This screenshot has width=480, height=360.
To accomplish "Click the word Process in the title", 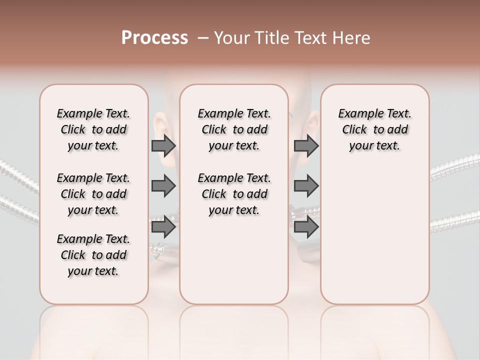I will (154, 38).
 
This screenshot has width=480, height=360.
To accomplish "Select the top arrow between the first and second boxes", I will (163, 146).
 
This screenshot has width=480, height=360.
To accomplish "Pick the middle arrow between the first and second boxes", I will (163, 186).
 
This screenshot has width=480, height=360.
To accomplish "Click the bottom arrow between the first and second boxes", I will (163, 227).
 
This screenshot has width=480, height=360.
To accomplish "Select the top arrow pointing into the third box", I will (306, 146).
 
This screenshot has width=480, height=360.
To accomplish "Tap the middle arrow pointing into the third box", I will (306, 186).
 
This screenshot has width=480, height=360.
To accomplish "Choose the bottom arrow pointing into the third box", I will (306, 227).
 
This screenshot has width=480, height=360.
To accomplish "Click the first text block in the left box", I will (93, 129).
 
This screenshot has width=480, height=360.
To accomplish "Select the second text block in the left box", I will (93, 194).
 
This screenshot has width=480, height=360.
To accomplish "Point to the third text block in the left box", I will (93, 255).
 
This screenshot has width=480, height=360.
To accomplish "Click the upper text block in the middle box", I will (234, 129).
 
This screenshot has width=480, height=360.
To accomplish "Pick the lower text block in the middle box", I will (234, 194).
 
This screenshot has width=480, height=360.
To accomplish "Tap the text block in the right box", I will (375, 129).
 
